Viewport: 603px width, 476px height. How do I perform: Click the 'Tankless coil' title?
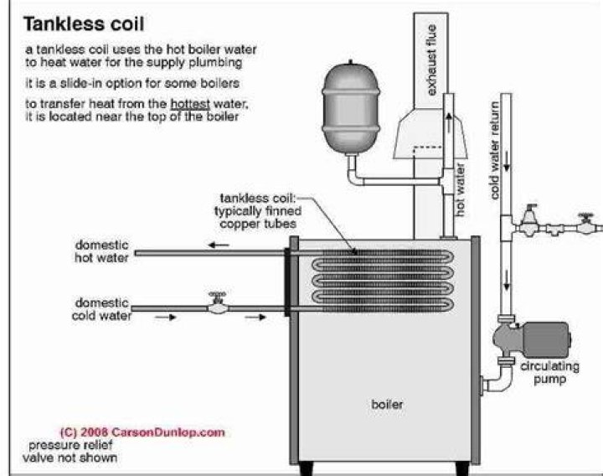tap(84, 23)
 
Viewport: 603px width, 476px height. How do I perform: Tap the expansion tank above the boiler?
tap(350, 108)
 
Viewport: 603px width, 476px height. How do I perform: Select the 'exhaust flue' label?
tap(431, 59)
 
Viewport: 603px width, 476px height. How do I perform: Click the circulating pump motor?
tap(546, 339)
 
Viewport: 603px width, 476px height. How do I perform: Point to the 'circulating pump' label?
tap(549, 372)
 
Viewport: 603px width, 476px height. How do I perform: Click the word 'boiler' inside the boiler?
tap(387, 405)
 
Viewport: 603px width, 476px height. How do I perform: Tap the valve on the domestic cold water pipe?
tap(218, 303)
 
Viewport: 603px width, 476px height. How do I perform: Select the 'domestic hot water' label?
tap(101, 251)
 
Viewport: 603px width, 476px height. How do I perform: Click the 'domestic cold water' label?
tap(101, 309)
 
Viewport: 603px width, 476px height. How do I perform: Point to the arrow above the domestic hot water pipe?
tap(219, 245)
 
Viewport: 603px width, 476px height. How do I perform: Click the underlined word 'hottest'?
tap(190, 104)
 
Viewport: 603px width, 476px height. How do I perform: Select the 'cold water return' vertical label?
tap(495, 151)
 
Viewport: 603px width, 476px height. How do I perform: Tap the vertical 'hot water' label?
tap(460, 189)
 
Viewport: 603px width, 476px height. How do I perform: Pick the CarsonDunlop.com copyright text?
tap(142, 432)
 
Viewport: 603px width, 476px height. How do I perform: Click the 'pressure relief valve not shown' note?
tap(70, 452)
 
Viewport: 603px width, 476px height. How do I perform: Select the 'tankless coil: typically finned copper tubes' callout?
tap(258, 211)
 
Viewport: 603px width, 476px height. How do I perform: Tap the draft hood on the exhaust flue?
tap(430, 133)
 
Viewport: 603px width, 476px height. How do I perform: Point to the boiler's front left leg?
tap(307, 468)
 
